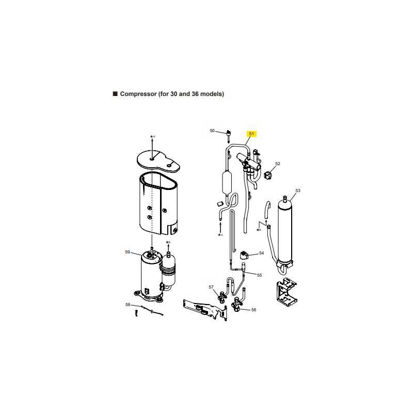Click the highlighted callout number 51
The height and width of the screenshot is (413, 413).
251,134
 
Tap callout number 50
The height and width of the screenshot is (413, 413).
212,131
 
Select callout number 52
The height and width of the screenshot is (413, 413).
278,164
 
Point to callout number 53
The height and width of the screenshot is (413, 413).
298,190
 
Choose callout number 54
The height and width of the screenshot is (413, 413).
261,253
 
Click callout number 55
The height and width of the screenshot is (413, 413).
260,275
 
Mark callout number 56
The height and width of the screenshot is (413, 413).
253,310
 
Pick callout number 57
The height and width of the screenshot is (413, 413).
211,287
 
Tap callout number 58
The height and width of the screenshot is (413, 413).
128,305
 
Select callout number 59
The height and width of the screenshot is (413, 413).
128,252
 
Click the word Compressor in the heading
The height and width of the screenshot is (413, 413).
138,94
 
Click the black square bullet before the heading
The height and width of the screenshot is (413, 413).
115,94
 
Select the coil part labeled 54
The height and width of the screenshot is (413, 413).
244,255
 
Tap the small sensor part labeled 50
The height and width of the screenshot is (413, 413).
228,135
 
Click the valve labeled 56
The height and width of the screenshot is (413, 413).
236,305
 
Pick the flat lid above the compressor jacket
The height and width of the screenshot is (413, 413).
158,162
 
